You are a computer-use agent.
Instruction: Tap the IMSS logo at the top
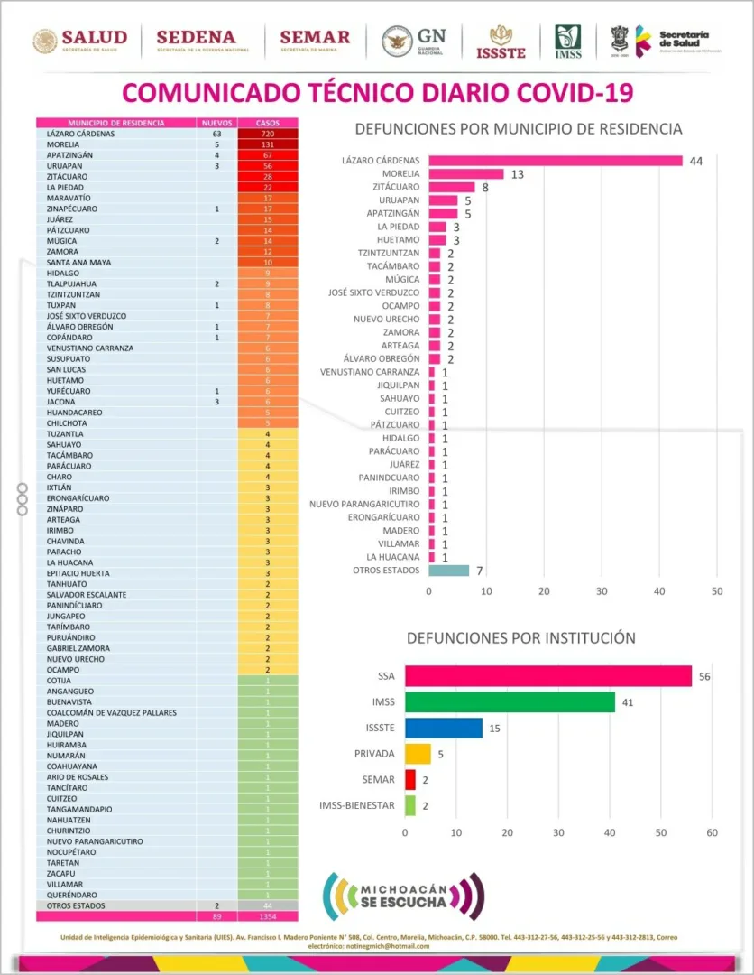point(567,42)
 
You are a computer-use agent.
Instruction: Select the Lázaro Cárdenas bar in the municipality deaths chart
point(555,161)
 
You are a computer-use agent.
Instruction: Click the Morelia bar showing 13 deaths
point(466,174)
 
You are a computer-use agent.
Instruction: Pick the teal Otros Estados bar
point(448,571)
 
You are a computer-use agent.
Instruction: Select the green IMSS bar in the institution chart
point(510,702)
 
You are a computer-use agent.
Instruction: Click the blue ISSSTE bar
point(443,728)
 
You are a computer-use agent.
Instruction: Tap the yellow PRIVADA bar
point(418,754)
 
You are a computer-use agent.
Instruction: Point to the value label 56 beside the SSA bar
point(705,677)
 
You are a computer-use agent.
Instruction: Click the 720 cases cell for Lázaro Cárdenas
point(267,134)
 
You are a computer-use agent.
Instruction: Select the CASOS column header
point(267,123)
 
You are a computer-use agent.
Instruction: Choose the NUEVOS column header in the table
point(216,123)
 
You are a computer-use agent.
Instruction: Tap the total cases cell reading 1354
point(267,916)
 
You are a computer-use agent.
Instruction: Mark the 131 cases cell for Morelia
point(267,144)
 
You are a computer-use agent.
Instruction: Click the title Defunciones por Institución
point(520,638)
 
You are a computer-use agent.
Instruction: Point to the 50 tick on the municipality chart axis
point(717,592)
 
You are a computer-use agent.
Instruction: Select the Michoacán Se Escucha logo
point(403,896)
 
